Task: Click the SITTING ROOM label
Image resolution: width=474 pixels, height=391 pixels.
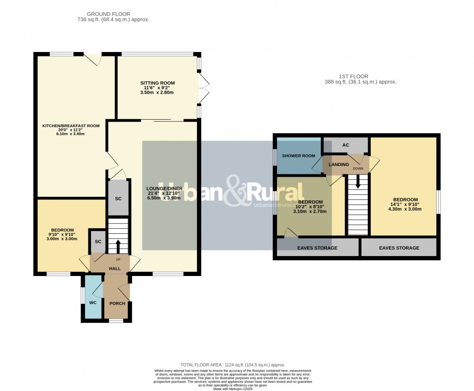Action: coord(158,83)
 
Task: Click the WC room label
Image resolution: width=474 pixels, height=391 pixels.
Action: coord(92,302)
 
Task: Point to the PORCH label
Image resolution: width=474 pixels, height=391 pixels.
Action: coord(117,303)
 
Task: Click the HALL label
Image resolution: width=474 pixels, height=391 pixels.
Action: coord(114,269)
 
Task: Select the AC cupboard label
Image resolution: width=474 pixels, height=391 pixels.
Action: coord(345,145)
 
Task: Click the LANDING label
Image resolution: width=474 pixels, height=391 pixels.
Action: coord(338,165)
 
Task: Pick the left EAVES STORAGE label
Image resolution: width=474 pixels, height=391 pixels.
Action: coord(317,248)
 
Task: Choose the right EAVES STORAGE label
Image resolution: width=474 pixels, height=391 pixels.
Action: coord(399,248)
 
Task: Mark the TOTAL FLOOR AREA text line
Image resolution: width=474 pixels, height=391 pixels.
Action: coord(232,365)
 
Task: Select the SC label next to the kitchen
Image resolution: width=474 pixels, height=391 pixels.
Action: coord(118,199)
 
